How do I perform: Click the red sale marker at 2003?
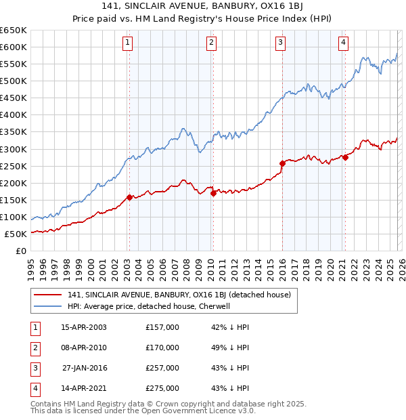coord(129,197)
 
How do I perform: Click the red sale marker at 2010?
coord(213,193)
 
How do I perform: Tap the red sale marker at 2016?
coord(282,163)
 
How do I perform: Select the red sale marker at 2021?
coord(345,157)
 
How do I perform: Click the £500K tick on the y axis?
coord(14,81)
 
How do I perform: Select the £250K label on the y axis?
coord(14,166)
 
